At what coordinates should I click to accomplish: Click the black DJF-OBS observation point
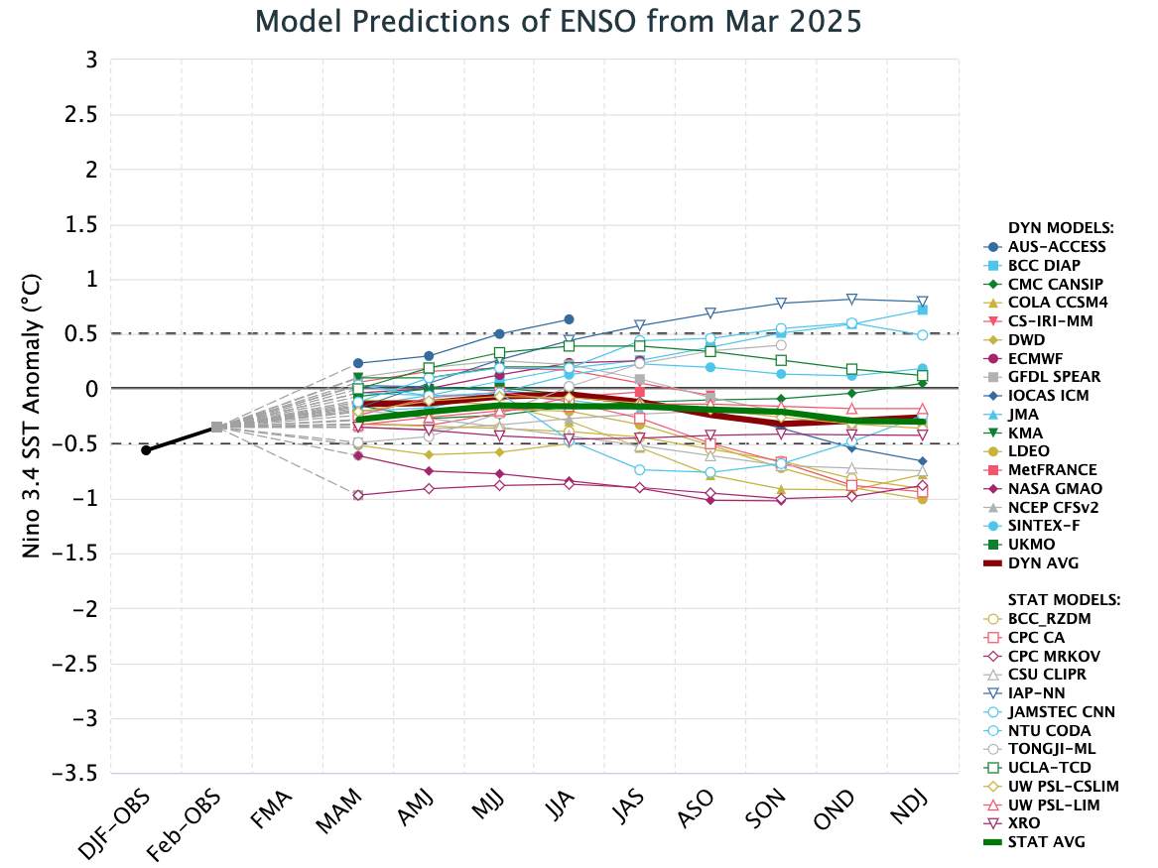coord(146,450)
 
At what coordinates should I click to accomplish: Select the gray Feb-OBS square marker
coord(216,428)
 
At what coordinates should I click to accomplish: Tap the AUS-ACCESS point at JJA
coord(569,319)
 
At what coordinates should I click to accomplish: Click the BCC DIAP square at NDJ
coord(922,310)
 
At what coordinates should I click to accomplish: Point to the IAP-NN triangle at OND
coord(851,300)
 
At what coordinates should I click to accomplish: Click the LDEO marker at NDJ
coord(922,498)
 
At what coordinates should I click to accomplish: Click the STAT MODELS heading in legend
coord(1063,600)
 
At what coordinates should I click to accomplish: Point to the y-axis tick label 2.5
coord(83,115)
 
